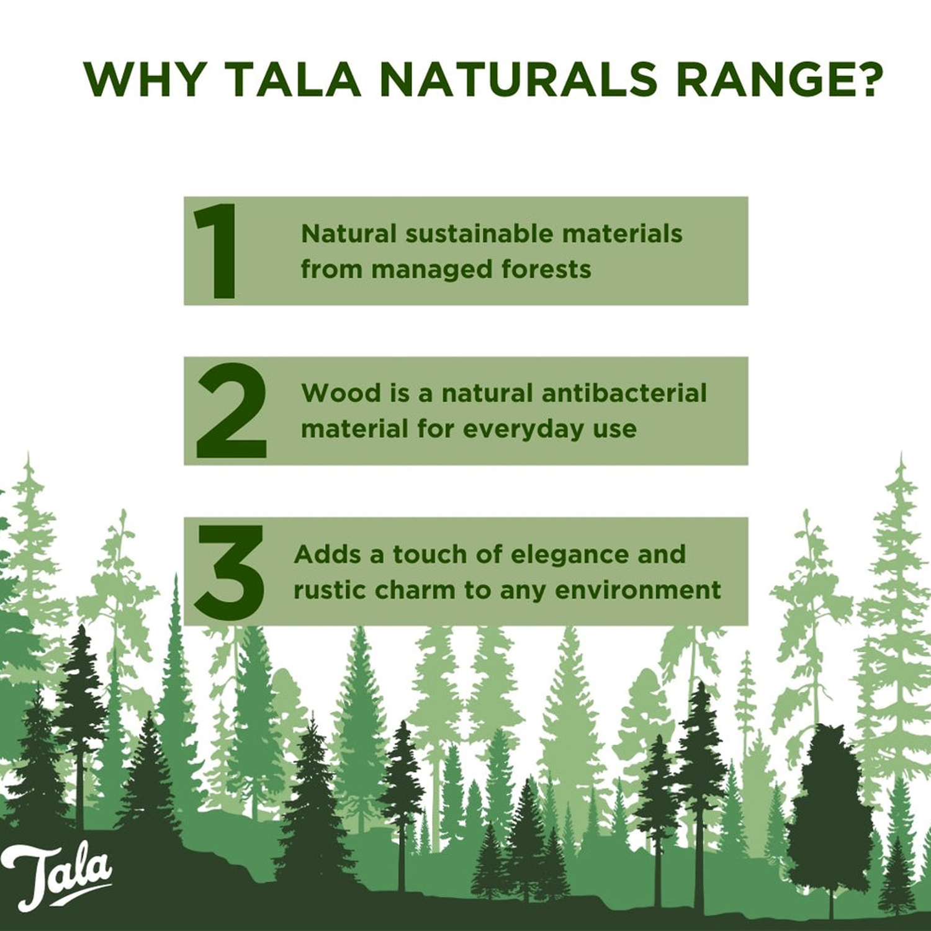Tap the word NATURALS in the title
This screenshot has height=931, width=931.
tap(518, 79)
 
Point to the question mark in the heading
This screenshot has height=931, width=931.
tap(868, 79)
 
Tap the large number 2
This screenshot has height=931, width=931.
tap(231, 410)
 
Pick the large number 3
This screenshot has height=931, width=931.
tap(230, 572)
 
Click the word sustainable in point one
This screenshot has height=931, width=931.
tap(480, 234)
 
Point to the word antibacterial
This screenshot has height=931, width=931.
tap(624, 393)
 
